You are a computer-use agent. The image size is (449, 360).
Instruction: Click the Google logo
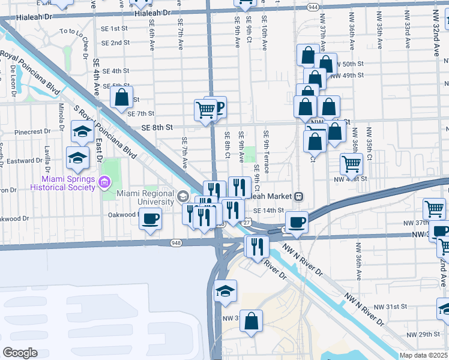20,352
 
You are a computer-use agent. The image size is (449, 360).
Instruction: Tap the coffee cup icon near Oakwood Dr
150,218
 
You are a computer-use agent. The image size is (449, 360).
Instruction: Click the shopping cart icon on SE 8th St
205,110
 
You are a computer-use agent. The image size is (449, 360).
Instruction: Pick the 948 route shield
176,243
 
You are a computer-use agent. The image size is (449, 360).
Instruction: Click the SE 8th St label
157,127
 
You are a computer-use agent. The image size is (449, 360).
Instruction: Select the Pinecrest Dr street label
32,131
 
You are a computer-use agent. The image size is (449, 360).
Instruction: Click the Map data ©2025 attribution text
423,355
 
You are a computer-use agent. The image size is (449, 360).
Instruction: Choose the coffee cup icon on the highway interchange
296,223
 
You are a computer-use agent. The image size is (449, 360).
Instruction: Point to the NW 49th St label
351,75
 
